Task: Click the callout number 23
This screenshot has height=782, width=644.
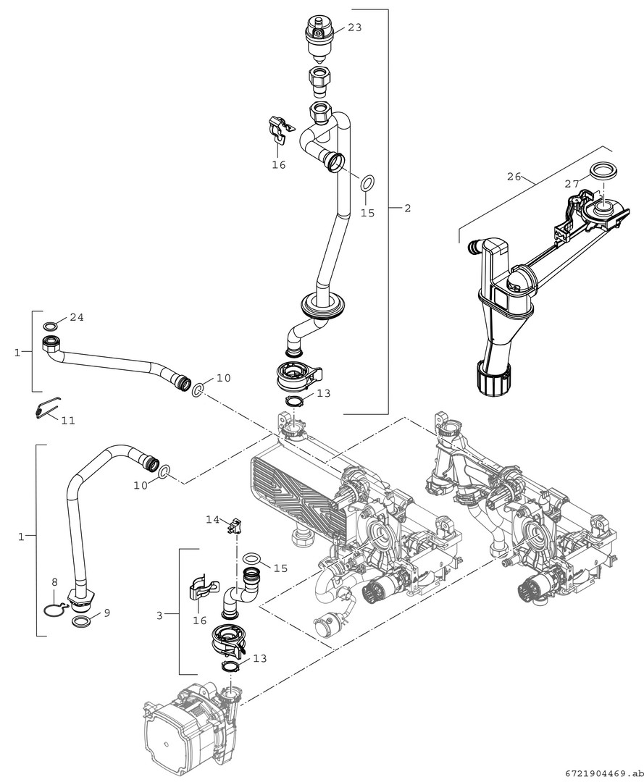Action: click(x=354, y=28)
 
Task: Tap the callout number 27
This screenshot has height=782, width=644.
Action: click(x=572, y=184)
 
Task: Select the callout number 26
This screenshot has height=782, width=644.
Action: click(x=514, y=176)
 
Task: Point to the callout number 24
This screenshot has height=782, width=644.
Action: click(x=77, y=317)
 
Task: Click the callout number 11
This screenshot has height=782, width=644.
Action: click(x=67, y=420)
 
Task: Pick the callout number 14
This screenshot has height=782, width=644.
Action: click(x=212, y=519)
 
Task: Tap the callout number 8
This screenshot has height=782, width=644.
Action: click(x=54, y=581)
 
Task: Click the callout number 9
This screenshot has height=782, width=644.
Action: click(x=106, y=613)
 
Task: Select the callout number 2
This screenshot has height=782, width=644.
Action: click(x=407, y=208)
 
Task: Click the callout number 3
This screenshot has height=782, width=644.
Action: click(x=159, y=615)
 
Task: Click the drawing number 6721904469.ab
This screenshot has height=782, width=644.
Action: click(x=600, y=773)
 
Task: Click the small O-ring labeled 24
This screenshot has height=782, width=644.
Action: click(x=51, y=325)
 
